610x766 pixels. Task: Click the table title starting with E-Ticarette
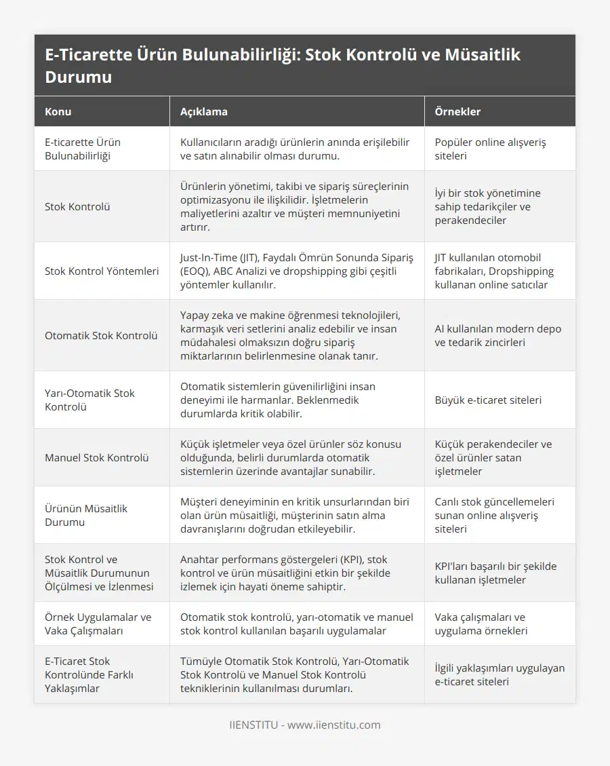click(282, 65)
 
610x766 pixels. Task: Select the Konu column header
click(58, 111)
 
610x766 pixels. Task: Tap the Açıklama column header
click(203, 111)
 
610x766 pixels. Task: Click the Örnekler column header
click(458, 111)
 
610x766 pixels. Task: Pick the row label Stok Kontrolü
click(77, 206)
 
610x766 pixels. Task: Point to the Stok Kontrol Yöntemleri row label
click(102, 271)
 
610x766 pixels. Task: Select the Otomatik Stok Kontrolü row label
click(101, 335)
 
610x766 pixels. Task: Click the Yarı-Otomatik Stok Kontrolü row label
click(89, 400)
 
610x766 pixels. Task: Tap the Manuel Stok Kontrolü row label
click(96, 457)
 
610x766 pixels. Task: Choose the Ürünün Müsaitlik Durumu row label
click(86, 515)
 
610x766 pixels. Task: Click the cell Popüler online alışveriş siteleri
click(490, 149)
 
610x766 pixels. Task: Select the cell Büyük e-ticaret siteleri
click(488, 400)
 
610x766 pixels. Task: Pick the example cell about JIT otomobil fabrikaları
click(494, 271)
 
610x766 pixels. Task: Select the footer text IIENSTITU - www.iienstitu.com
click(305, 725)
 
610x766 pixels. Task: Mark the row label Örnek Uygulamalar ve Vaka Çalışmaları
click(98, 624)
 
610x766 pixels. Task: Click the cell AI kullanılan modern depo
click(498, 335)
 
